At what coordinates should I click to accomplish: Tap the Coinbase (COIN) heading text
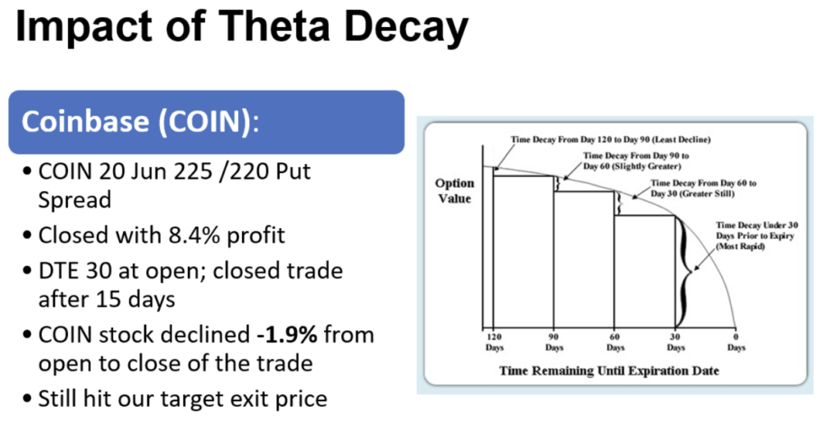(140, 121)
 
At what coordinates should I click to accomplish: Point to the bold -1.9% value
(286, 334)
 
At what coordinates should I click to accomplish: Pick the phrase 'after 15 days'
(107, 298)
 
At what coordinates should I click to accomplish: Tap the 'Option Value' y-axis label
(454, 191)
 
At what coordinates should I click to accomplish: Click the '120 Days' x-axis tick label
(495, 342)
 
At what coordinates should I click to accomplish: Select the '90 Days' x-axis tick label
(554, 342)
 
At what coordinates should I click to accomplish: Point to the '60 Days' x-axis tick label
(615, 342)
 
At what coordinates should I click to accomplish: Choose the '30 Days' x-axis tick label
(676, 342)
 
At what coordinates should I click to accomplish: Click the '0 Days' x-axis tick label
(736, 342)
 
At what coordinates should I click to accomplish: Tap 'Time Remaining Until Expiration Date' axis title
(609, 371)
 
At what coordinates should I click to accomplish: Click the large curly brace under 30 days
(685, 272)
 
